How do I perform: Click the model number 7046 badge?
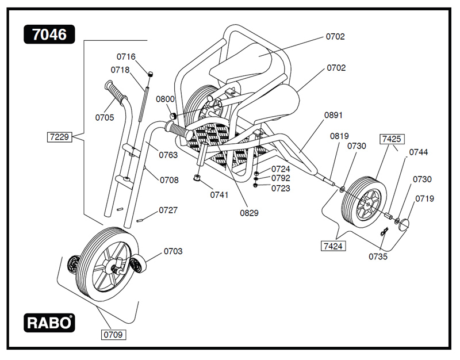[x=49, y=35]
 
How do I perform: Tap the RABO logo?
[x=49, y=323]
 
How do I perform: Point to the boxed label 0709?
[x=113, y=334]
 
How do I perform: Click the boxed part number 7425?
[x=391, y=139]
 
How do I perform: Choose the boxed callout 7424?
[x=333, y=246]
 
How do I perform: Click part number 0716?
[x=126, y=56]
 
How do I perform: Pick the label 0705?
[x=105, y=118]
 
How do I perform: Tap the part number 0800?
[x=165, y=99]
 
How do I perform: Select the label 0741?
[x=219, y=194]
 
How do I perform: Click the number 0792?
[x=281, y=178]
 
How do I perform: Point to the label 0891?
[x=333, y=115]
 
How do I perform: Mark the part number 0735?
[x=378, y=256]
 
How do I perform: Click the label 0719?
[x=424, y=199]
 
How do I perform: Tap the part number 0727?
[x=168, y=210]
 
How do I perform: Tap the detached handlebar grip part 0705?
[x=115, y=92]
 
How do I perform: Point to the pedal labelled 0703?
[x=138, y=265]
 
